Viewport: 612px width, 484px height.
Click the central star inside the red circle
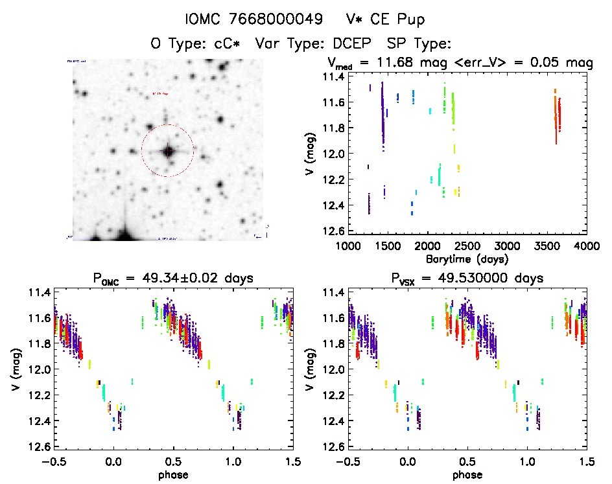click(x=168, y=151)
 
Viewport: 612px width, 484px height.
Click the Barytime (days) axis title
click(x=468, y=259)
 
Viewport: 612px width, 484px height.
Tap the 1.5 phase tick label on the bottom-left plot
click(x=293, y=462)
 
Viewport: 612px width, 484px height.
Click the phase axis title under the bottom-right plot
click(x=467, y=474)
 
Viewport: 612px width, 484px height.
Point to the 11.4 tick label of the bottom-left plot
click(x=37, y=292)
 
